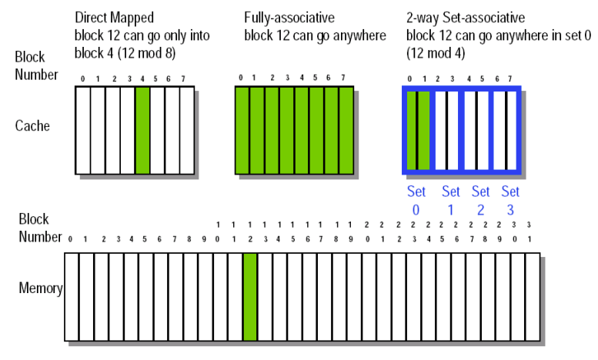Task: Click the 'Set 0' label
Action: [x=416, y=199]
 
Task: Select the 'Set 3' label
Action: [x=510, y=199]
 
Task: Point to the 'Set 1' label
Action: [x=450, y=199]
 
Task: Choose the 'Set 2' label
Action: [x=480, y=199]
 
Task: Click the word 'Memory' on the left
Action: [x=40, y=288]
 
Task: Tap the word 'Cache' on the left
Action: [x=32, y=125]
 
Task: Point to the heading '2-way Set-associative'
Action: [x=467, y=16]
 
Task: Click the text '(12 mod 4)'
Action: [x=434, y=54]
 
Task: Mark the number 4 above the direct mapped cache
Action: [x=142, y=78]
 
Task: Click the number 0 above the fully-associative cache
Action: [x=241, y=77]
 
